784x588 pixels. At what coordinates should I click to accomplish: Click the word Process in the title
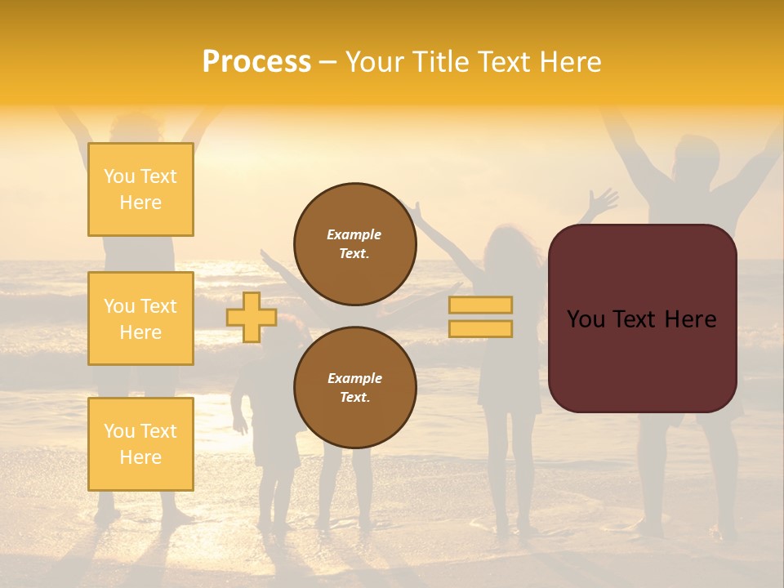point(256,62)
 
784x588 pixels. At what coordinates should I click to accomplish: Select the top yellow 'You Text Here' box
point(140,189)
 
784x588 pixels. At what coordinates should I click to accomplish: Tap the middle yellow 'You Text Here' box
point(140,318)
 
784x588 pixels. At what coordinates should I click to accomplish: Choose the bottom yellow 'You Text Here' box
point(140,443)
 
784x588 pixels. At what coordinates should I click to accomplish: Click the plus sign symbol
point(252,317)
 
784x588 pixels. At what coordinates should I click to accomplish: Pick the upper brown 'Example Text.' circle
point(355,243)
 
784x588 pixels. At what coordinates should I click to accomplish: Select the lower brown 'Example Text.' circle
point(355,387)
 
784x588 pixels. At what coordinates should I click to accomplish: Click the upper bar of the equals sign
point(480,305)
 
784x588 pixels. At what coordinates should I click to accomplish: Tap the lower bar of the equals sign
point(480,328)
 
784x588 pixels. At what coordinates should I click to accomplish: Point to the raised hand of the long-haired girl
point(603,201)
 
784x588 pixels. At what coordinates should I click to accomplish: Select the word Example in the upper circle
point(354,234)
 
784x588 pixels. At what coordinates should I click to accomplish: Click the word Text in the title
point(505,62)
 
